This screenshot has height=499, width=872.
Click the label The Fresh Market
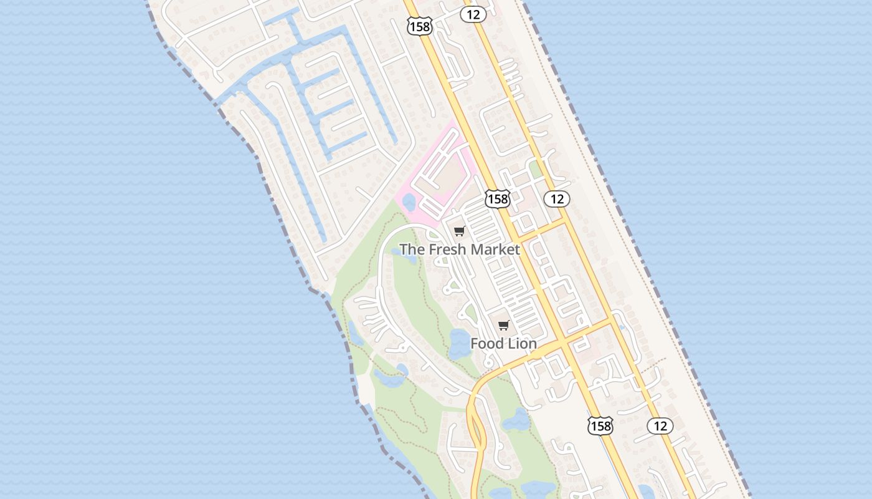tap(460, 249)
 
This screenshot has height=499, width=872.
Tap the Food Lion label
tap(503, 344)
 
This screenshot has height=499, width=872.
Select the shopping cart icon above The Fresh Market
tap(460, 231)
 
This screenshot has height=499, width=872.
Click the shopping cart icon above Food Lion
tap(504, 325)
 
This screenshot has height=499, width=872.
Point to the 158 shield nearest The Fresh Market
tap(498, 199)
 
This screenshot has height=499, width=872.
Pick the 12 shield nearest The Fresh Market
tap(557, 199)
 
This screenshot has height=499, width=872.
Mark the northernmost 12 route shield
tap(473, 14)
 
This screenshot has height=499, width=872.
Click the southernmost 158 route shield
tap(600, 426)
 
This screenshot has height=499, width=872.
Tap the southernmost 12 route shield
tap(660, 426)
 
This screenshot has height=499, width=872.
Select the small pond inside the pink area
tap(409, 201)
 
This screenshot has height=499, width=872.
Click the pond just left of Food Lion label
tap(460, 344)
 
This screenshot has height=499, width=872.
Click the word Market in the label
tap(495, 249)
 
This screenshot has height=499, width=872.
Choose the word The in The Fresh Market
tap(410, 249)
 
